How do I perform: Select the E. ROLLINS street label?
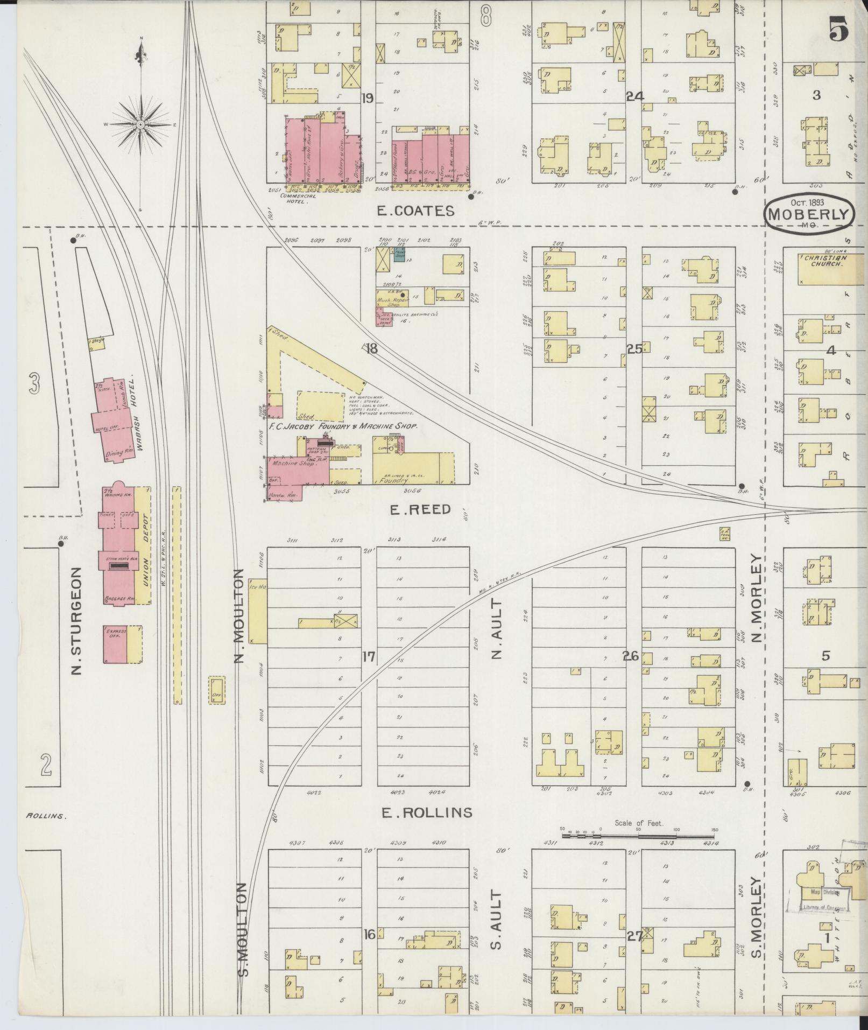[427, 812]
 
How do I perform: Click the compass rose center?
[140, 124]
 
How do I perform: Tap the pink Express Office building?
[114, 644]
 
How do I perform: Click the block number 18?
[371, 349]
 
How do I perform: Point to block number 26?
[630, 656]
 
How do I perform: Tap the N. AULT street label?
[496, 629]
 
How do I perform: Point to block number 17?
[369, 657]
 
